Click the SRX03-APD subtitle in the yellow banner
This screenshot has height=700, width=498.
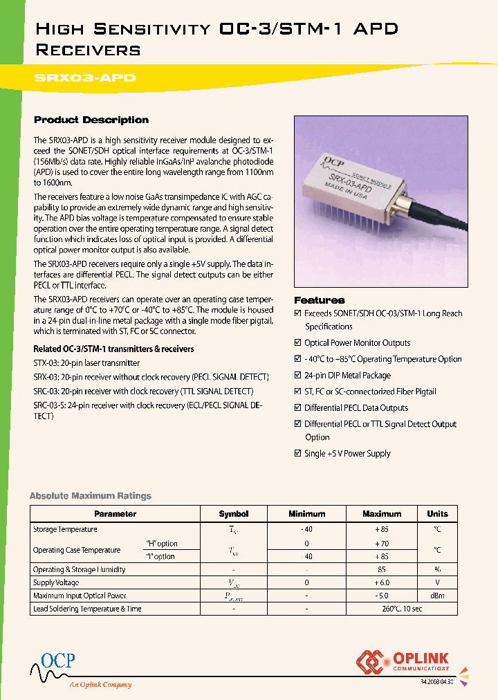coord(85,79)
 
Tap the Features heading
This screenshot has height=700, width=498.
coord(319,300)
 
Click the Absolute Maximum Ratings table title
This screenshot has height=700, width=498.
coord(90,496)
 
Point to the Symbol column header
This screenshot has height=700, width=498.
coord(233,514)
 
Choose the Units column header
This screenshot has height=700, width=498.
coord(437,514)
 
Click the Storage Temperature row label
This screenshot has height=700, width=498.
coord(65,529)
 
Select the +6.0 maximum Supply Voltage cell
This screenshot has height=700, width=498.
coord(382,583)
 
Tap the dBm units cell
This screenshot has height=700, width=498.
coord(437,596)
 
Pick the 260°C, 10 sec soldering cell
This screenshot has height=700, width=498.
coord(382,609)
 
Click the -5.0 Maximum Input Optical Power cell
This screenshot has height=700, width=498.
coord(382,596)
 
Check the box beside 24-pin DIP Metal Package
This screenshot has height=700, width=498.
coord(298,376)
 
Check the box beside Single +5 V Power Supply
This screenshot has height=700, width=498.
coord(298,454)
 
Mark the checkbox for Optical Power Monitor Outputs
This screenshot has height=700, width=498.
coord(298,343)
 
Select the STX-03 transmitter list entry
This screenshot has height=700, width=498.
coord(86,363)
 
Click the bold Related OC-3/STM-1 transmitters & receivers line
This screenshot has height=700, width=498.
coord(113,349)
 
